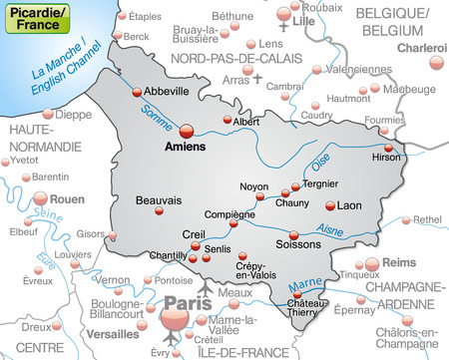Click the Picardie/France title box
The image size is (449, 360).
coord(36,19)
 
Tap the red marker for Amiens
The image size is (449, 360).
coord(187,129)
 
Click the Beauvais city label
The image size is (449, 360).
coord(159,198)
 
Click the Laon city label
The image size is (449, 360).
coord(349,205)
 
